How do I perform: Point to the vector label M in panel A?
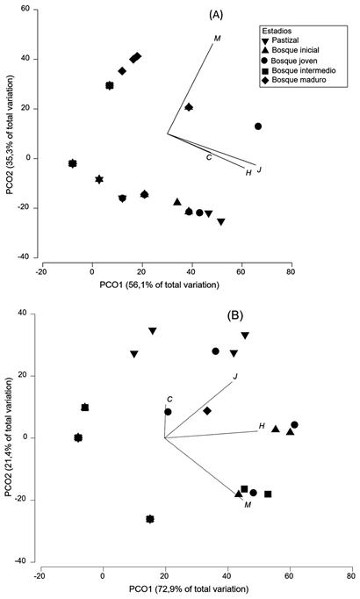[x=217, y=39]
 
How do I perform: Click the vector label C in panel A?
[x=208, y=157]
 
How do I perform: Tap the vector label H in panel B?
[x=262, y=427]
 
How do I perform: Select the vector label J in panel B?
[x=235, y=377]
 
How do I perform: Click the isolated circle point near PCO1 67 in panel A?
[x=258, y=126]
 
